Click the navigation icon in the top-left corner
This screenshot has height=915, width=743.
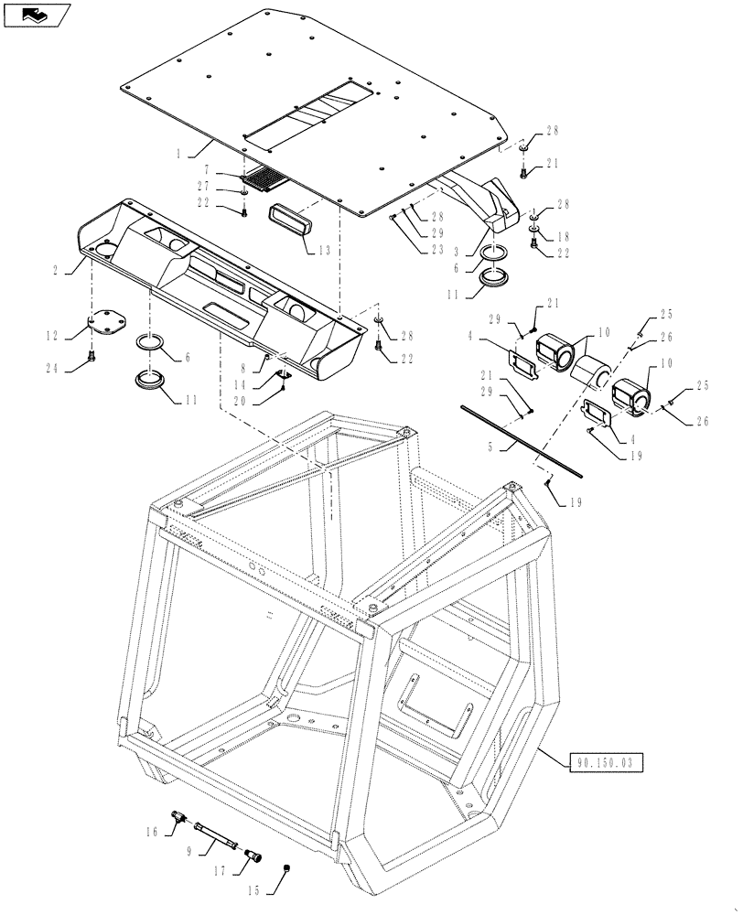pos(37,14)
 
